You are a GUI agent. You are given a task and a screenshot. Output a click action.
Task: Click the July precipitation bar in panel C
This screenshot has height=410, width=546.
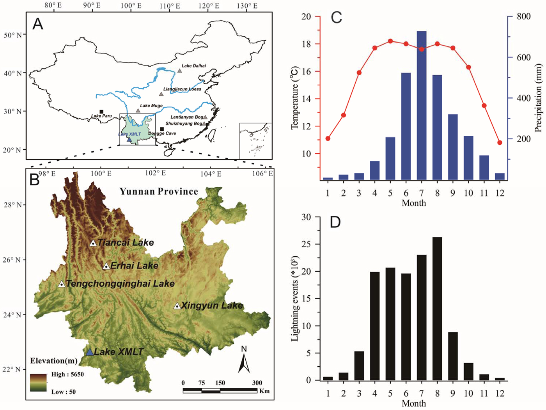coord(422,105)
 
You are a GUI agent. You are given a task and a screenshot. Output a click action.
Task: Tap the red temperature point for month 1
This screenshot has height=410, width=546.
coord(328,138)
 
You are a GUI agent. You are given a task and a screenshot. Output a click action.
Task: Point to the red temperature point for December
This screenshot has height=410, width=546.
coord(500,143)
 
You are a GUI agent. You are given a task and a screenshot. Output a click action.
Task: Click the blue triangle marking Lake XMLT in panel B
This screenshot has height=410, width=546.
coord(90,352)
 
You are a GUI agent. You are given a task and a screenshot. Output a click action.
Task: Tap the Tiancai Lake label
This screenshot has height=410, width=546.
coord(126,243)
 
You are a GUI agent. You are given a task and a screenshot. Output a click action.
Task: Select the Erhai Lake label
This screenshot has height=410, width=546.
coord(134,266)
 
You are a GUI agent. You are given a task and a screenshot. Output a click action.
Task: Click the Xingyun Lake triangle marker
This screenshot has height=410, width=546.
coord(177,306)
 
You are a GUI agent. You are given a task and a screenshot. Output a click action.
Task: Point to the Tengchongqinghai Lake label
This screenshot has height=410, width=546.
coord(120,284)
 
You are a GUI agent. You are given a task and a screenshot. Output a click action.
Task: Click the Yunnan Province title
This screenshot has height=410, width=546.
coord(159,192)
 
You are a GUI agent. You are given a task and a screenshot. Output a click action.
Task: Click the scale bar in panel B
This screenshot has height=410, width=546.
coord(220,390)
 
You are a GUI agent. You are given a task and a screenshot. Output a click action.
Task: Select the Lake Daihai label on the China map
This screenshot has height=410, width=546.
coord(194,66)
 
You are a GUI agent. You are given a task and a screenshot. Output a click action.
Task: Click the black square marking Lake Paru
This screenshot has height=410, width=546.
coord(101,112)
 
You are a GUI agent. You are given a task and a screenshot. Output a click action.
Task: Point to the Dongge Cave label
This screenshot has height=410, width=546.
coord(162,133)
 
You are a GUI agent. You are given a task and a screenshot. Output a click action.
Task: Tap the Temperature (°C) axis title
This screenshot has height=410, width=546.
coord(295,98)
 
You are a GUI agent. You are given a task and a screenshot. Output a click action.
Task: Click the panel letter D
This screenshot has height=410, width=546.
coord(335,222)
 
